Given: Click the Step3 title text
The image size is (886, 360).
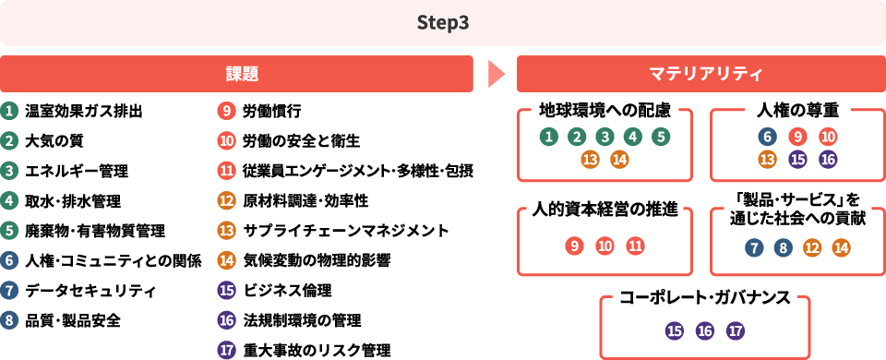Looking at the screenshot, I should click(443, 22).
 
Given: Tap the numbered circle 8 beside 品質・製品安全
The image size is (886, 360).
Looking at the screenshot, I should click(9, 320).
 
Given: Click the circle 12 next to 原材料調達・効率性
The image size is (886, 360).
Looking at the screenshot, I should click(227, 200).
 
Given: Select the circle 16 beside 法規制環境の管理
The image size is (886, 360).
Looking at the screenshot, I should click(227, 320).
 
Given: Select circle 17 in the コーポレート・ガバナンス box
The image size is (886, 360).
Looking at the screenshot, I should click(736, 330).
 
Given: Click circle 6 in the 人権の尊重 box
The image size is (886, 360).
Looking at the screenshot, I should click(766, 137).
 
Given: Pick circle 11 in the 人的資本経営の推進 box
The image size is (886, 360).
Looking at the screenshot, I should click(635, 246).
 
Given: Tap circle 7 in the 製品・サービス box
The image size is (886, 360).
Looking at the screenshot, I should click(754, 246).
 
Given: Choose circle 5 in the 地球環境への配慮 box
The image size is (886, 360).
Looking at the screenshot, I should click(660, 137).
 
